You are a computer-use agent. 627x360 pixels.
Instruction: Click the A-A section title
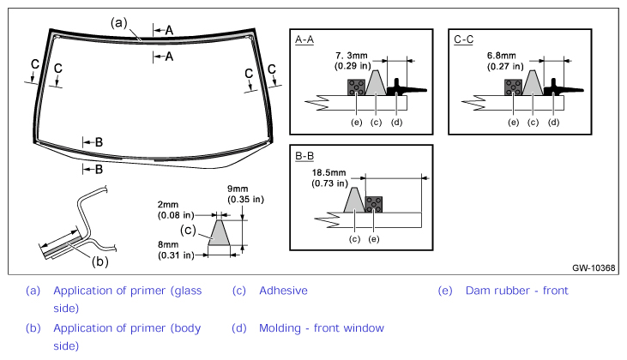pos(304,39)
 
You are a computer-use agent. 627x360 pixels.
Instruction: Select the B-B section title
pos(304,156)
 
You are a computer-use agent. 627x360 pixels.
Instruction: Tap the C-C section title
pos(463,39)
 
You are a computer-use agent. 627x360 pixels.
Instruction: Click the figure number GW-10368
pos(594,267)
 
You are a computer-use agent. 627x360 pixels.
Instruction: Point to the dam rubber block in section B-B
pos(374,205)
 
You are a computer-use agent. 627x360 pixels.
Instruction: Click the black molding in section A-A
pos(405,87)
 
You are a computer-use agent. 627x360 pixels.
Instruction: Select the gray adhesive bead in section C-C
pos(533,82)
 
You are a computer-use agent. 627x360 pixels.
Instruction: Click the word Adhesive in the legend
pos(284,291)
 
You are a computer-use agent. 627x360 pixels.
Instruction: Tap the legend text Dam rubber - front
pos(516,291)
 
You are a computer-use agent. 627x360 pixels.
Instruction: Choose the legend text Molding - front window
pos(322,328)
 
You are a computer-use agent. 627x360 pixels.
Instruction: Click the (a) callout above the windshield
pos(118,23)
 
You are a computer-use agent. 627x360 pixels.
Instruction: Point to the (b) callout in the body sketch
pos(100,261)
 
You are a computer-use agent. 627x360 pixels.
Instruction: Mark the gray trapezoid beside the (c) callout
pos(219,232)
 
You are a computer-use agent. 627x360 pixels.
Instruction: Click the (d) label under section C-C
pos(553,123)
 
